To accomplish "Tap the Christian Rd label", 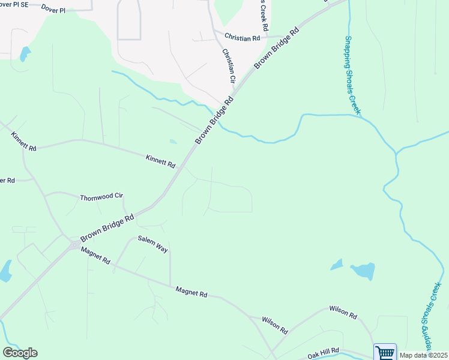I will (x=242, y=37).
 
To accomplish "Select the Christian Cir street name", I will (x=228, y=66).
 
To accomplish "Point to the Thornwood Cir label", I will (x=101, y=197).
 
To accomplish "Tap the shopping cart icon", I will (x=385, y=352).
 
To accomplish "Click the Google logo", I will (x=20, y=353).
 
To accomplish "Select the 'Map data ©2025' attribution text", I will (x=423, y=355).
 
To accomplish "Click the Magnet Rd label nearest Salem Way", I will (x=95, y=256).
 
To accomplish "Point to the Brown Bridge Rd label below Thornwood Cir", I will (x=107, y=229).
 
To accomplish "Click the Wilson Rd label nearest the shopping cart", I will (x=343, y=312).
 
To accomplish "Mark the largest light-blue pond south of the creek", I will (x=363, y=271).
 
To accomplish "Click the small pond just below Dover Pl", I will (x=25, y=54).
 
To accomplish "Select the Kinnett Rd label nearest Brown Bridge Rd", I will (x=160, y=161).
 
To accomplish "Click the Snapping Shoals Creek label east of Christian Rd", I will (x=352, y=75).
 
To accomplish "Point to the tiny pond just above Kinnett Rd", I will (x=173, y=142).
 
